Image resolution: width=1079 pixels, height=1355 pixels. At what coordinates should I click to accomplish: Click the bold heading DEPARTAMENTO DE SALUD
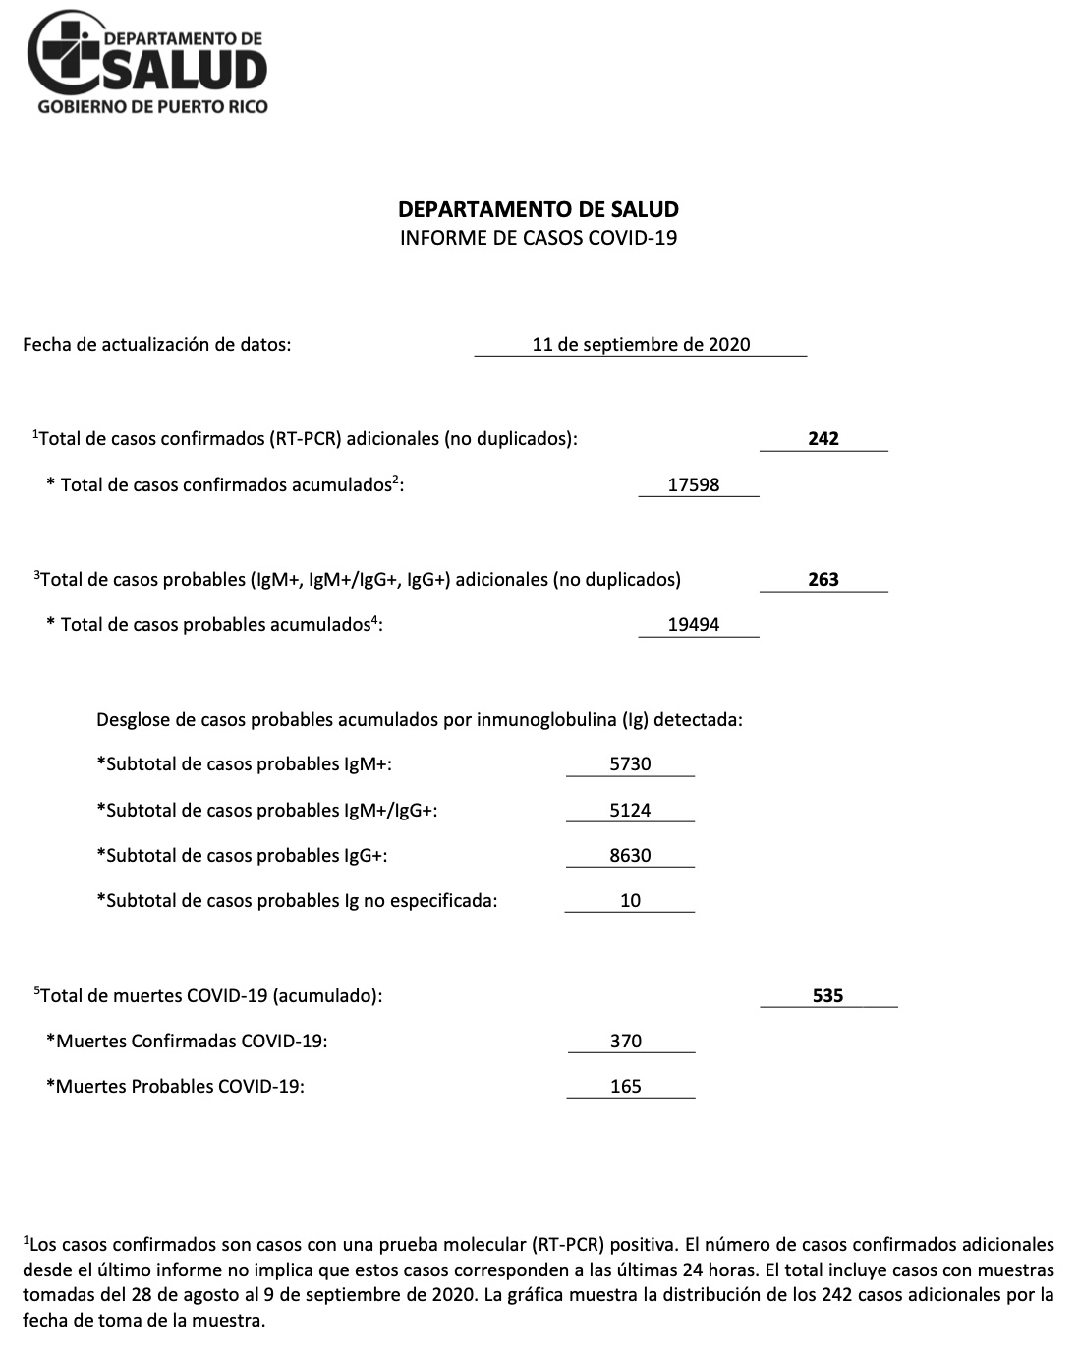(539, 209)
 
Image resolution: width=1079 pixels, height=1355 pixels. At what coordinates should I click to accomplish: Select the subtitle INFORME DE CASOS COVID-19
(539, 238)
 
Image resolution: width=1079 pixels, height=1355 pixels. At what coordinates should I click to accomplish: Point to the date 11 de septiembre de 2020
(641, 345)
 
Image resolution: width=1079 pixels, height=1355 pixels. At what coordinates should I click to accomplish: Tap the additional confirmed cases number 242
(823, 439)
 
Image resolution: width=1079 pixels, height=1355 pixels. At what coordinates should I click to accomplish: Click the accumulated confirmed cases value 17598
(694, 485)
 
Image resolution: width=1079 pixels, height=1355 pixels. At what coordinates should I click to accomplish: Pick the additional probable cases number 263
(823, 580)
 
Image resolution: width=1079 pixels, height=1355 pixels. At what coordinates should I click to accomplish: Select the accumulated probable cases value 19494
(694, 625)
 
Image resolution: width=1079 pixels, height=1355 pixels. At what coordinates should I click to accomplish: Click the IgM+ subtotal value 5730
(630, 764)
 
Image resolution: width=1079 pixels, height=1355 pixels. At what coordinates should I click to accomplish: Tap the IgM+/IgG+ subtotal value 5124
(630, 811)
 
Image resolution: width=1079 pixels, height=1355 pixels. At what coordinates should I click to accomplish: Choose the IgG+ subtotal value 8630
(630, 856)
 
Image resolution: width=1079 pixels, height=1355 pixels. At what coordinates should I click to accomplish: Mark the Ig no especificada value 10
(630, 901)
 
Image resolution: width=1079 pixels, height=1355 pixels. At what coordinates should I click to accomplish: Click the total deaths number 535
(828, 996)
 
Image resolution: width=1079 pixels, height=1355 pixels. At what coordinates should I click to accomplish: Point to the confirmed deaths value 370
(626, 1042)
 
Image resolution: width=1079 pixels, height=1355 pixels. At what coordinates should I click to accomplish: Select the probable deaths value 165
(626, 1087)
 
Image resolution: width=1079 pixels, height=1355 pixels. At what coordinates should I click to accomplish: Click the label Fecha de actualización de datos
(157, 345)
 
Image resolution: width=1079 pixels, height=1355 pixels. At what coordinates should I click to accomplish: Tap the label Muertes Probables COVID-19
(176, 1087)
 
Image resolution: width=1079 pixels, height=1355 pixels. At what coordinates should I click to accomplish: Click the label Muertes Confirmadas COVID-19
(188, 1042)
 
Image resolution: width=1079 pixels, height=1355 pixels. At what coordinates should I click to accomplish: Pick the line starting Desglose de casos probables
(420, 720)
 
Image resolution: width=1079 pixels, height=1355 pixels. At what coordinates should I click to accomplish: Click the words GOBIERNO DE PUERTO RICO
(152, 106)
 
